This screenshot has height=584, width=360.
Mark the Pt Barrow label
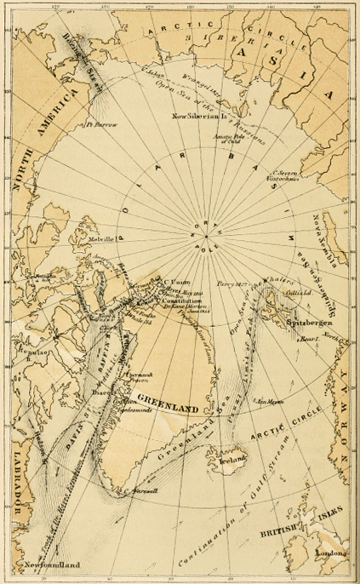(100, 125)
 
